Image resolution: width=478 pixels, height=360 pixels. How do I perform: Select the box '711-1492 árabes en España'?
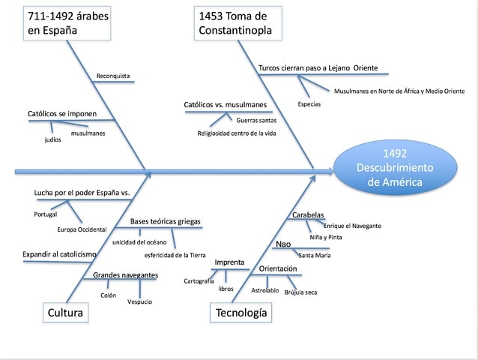pyautogui.click(x=67, y=22)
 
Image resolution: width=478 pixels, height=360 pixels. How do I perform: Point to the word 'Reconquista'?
pyautogui.click(x=113, y=76)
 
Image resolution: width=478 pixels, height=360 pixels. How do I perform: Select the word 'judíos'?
pyautogui.click(x=52, y=139)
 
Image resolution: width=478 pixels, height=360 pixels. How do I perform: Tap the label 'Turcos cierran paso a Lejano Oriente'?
pyautogui.click(x=318, y=68)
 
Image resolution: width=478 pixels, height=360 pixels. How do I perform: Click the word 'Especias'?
pyautogui.click(x=309, y=104)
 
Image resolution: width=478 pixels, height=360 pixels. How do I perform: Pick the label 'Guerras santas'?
pyautogui.click(x=256, y=119)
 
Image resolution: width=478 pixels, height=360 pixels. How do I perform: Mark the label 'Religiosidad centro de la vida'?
pyautogui.click(x=237, y=133)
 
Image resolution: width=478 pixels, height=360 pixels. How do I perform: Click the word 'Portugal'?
pyautogui.click(x=46, y=214)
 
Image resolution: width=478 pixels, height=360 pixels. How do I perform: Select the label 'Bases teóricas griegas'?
pyautogui.click(x=166, y=222)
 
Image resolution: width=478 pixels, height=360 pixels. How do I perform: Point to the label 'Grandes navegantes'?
pyautogui.click(x=125, y=275)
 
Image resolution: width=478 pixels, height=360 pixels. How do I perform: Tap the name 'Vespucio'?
pyautogui.click(x=140, y=301)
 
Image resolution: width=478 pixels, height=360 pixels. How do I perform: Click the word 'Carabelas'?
pyautogui.click(x=308, y=215)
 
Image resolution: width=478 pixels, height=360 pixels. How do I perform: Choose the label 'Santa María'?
pyautogui.click(x=315, y=256)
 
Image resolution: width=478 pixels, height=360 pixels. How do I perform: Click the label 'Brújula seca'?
pyautogui.click(x=300, y=292)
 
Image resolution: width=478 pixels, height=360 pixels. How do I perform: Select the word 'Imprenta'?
pyautogui.click(x=229, y=262)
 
